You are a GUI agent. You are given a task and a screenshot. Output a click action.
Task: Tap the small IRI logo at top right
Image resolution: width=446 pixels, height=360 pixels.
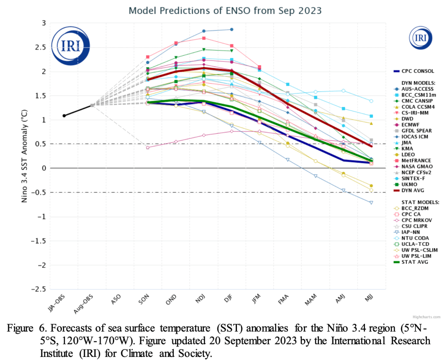coord(421,37)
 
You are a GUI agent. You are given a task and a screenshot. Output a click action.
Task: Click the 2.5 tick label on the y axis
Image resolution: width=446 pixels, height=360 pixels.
coord(41,47)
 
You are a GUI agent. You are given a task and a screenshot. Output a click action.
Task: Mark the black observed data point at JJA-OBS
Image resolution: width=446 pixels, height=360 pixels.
coord(64,116)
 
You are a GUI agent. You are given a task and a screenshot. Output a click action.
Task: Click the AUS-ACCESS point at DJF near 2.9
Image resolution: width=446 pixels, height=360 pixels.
coord(232,29)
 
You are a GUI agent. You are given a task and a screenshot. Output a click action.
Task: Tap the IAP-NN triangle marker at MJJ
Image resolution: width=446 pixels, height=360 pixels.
coord(371,202)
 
